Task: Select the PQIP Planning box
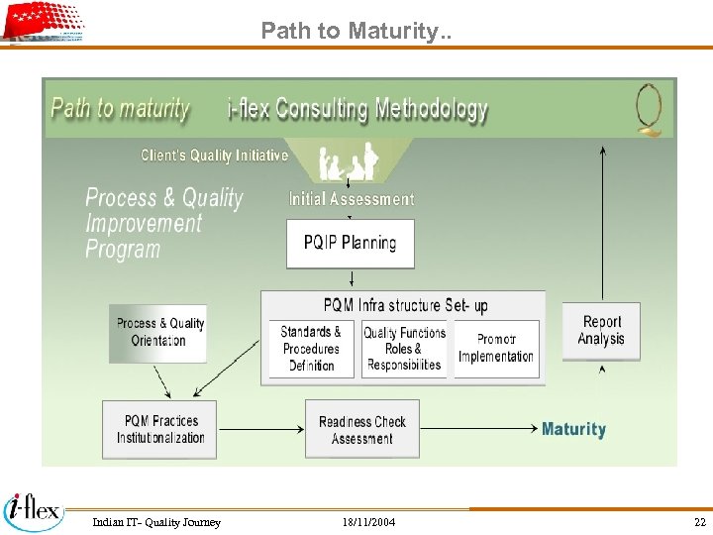pos(350,244)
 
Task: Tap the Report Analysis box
pos(602,331)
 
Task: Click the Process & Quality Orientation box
pos(158,333)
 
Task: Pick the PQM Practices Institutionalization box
pos(159,429)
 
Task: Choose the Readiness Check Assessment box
pos(361,429)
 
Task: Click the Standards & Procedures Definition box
pos(311,349)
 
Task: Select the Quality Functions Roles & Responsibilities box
pos(404,349)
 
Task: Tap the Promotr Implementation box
pos(496,349)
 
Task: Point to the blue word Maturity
pos(573,429)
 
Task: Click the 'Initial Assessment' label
pos(352,199)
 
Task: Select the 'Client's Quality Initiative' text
pos(215,156)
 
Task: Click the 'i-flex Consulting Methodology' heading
pos(357,109)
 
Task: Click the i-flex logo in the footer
pos(34,510)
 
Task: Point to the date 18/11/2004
pos(368,522)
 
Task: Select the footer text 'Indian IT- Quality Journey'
pos(156,522)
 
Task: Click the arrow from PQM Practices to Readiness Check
pos(260,429)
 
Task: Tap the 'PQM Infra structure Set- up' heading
pos(405,305)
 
